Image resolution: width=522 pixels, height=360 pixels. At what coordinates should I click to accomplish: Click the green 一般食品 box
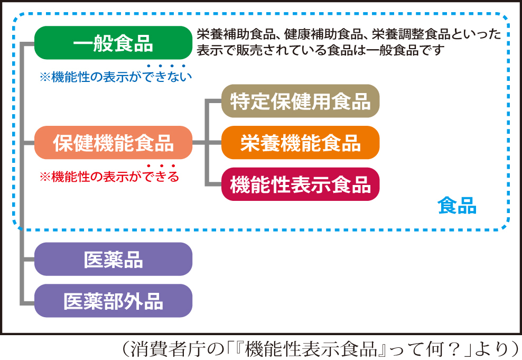113,43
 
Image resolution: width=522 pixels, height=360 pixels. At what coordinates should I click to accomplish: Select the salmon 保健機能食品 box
113,143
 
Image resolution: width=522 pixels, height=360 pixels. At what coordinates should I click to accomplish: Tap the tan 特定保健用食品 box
300,101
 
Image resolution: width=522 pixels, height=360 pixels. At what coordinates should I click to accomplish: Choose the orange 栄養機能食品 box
300,143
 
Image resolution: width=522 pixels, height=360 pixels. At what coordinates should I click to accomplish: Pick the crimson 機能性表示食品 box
300,184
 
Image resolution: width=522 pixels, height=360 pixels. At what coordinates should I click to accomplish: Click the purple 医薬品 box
113,259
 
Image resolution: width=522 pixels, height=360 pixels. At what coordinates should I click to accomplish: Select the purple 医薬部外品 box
113,301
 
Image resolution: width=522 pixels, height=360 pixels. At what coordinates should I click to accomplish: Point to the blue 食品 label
456,206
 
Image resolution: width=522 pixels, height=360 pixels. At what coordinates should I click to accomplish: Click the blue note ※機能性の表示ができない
116,77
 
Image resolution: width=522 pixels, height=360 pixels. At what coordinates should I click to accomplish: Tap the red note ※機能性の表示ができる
109,177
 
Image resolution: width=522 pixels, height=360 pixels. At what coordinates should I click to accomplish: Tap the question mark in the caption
455,349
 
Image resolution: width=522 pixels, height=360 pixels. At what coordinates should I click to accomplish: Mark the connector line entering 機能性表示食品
213,184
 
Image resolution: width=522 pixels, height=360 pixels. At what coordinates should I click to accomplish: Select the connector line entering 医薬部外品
27,303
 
